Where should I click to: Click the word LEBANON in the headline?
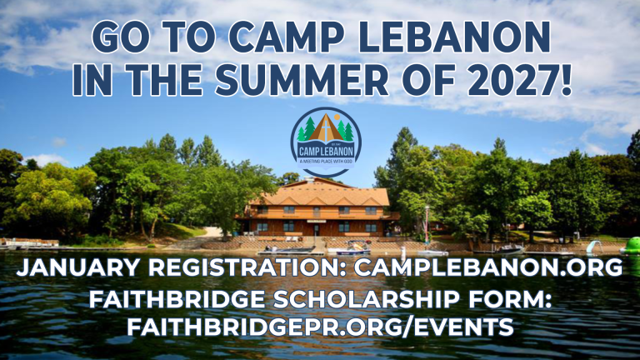click(454, 37)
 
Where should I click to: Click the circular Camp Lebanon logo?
click(326, 142)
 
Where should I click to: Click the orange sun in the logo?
click(337, 117)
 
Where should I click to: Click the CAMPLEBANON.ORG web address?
click(488, 267)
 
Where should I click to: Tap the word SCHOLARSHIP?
click(366, 299)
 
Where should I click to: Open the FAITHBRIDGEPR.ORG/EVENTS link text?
click(320, 327)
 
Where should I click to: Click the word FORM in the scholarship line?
click(510, 299)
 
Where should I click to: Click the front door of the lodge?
click(316, 230)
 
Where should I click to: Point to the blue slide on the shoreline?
click(594, 246)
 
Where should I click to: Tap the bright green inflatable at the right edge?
click(632, 246)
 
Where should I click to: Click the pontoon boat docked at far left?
click(29, 243)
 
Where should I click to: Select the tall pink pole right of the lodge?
click(427, 225)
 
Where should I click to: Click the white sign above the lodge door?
click(316, 221)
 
